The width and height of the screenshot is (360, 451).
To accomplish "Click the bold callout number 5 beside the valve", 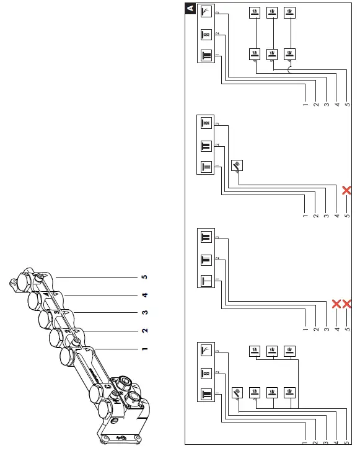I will pos(144,276).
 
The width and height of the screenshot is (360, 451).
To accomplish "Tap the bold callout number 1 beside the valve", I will pos(144,349).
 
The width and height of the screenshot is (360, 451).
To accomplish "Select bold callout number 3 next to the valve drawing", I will pos(144,313).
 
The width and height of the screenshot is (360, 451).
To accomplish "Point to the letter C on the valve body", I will pos(107,388).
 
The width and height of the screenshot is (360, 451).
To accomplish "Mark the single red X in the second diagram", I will pos(348,190).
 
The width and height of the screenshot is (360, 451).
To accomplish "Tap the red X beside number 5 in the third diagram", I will pos(348,304).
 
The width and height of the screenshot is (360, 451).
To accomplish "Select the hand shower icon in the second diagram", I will pos(239,165).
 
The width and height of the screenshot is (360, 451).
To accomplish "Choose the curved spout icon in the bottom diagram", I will pos(207,351).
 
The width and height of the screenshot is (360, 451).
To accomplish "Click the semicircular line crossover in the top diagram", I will pos(289,70).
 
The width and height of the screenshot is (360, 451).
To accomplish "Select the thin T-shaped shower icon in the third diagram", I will pos(207,280).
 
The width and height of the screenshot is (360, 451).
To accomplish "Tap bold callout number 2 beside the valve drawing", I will pos(144,331).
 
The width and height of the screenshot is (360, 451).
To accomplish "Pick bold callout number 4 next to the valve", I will pos(144,295).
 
